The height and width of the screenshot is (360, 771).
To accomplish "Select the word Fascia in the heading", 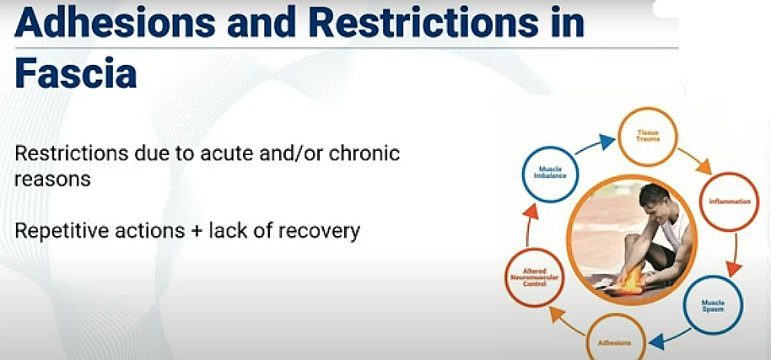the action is point(76,73).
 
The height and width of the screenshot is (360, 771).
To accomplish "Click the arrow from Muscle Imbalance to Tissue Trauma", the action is point(595,145).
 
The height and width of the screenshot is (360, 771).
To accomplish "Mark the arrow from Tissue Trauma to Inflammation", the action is point(693,160).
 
